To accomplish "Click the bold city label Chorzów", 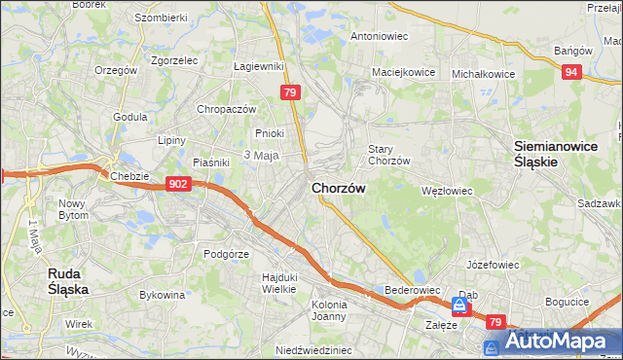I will pos(339,189).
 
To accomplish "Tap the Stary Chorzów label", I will pos(389,155).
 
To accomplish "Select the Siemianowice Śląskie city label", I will pos(549,154).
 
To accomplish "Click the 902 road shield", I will pos(177,183).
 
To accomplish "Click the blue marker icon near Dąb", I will pos(458,306).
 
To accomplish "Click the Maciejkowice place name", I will pos(402,72).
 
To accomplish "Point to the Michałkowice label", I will pos(483,73).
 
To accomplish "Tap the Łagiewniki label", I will pos(258,66).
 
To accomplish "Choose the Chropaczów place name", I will pos(226,109).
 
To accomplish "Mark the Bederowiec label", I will pos(414,291).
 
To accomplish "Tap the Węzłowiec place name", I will pos(446,191).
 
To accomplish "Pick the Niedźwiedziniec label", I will pos(311,350).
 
